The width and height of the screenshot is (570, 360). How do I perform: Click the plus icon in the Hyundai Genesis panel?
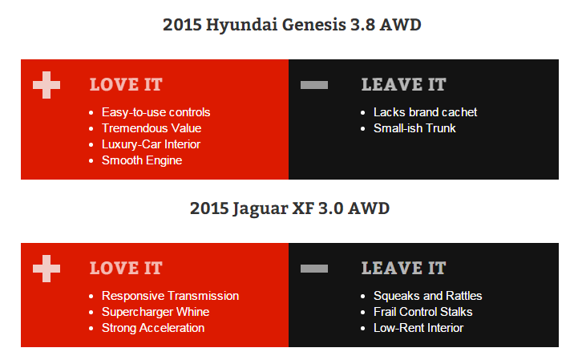pos(46,85)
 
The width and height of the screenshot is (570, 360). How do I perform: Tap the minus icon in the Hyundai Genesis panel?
pos(314,85)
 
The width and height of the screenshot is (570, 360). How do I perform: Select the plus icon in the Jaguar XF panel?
pos(46,269)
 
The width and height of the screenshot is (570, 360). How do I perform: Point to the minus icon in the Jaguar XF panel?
pos(314,269)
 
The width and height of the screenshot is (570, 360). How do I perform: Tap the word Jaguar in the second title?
pos(260,209)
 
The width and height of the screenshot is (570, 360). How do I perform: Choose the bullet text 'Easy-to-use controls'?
pos(156,112)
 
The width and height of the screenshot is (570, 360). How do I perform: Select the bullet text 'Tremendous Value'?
pos(152,128)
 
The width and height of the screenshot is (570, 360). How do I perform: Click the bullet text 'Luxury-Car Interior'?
pos(151,144)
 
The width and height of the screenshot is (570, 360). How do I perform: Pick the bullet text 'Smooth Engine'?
pos(142,160)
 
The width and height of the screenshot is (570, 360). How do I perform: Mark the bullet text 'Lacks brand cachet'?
pos(426,112)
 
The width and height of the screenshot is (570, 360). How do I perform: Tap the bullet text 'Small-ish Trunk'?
pos(414,128)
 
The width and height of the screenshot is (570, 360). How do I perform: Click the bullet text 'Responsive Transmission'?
pos(170,296)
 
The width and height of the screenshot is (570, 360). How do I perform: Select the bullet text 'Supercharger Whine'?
pos(156,312)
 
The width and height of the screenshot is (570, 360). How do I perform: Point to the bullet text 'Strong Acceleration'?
pos(153,328)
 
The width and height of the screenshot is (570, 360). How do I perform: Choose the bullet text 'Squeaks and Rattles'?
pos(428,296)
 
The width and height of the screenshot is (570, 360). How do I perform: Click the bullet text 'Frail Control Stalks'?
pos(423,312)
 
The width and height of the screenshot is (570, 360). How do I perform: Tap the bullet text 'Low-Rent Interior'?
pos(418,328)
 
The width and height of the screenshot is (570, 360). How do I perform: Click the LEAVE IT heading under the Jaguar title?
pos(403,269)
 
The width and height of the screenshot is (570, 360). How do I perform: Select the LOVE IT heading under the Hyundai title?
pos(126,85)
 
